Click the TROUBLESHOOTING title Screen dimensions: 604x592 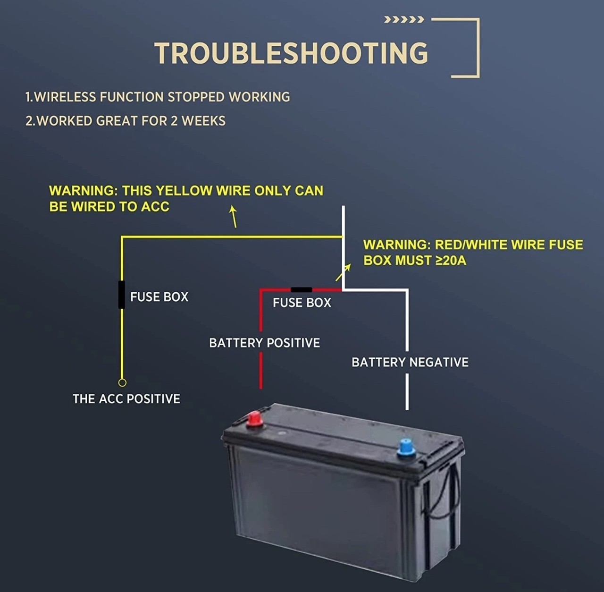(x=291, y=53)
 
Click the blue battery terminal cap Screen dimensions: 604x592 (x=406, y=448)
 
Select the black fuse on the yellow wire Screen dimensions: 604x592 (x=122, y=295)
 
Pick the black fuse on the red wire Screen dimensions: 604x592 (x=301, y=289)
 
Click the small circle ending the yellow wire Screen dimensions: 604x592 (x=122, y=382)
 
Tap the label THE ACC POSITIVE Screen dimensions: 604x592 (x=126, y=399)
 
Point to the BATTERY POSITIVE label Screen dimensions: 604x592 (x=265, y=343)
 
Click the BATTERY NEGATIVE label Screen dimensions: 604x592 (x=410, y=362)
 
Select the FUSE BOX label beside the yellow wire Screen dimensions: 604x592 (x=159, y=297)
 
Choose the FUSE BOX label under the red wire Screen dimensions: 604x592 (x=302, y=303)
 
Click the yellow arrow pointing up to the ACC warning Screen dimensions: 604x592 (x=234, y=217)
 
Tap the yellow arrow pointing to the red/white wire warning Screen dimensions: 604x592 (x=343, y=272)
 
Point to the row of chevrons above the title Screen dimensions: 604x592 (x=404, y=20)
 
